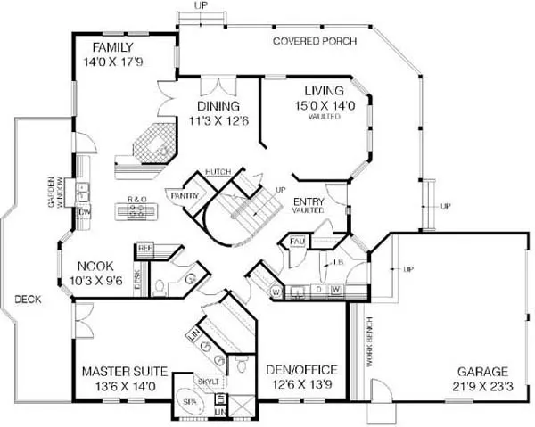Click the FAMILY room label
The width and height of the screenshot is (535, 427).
(x=111, y=47)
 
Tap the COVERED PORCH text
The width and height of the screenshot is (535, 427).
(x=315, y=42)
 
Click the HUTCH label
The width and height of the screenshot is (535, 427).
(x=218, y=171)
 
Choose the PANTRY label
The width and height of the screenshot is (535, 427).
(x=184, y=193)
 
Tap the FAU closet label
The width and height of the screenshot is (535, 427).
(x=296, y=241)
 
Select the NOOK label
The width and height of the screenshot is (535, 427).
(x=95, y=266)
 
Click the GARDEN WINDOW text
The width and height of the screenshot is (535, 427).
(x=55, y=190)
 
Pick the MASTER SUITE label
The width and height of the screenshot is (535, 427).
(x=119, y=372)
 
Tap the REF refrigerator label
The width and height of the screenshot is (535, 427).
(x=144, y=249)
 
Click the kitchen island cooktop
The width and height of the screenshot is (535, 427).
(x=137, y=212)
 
